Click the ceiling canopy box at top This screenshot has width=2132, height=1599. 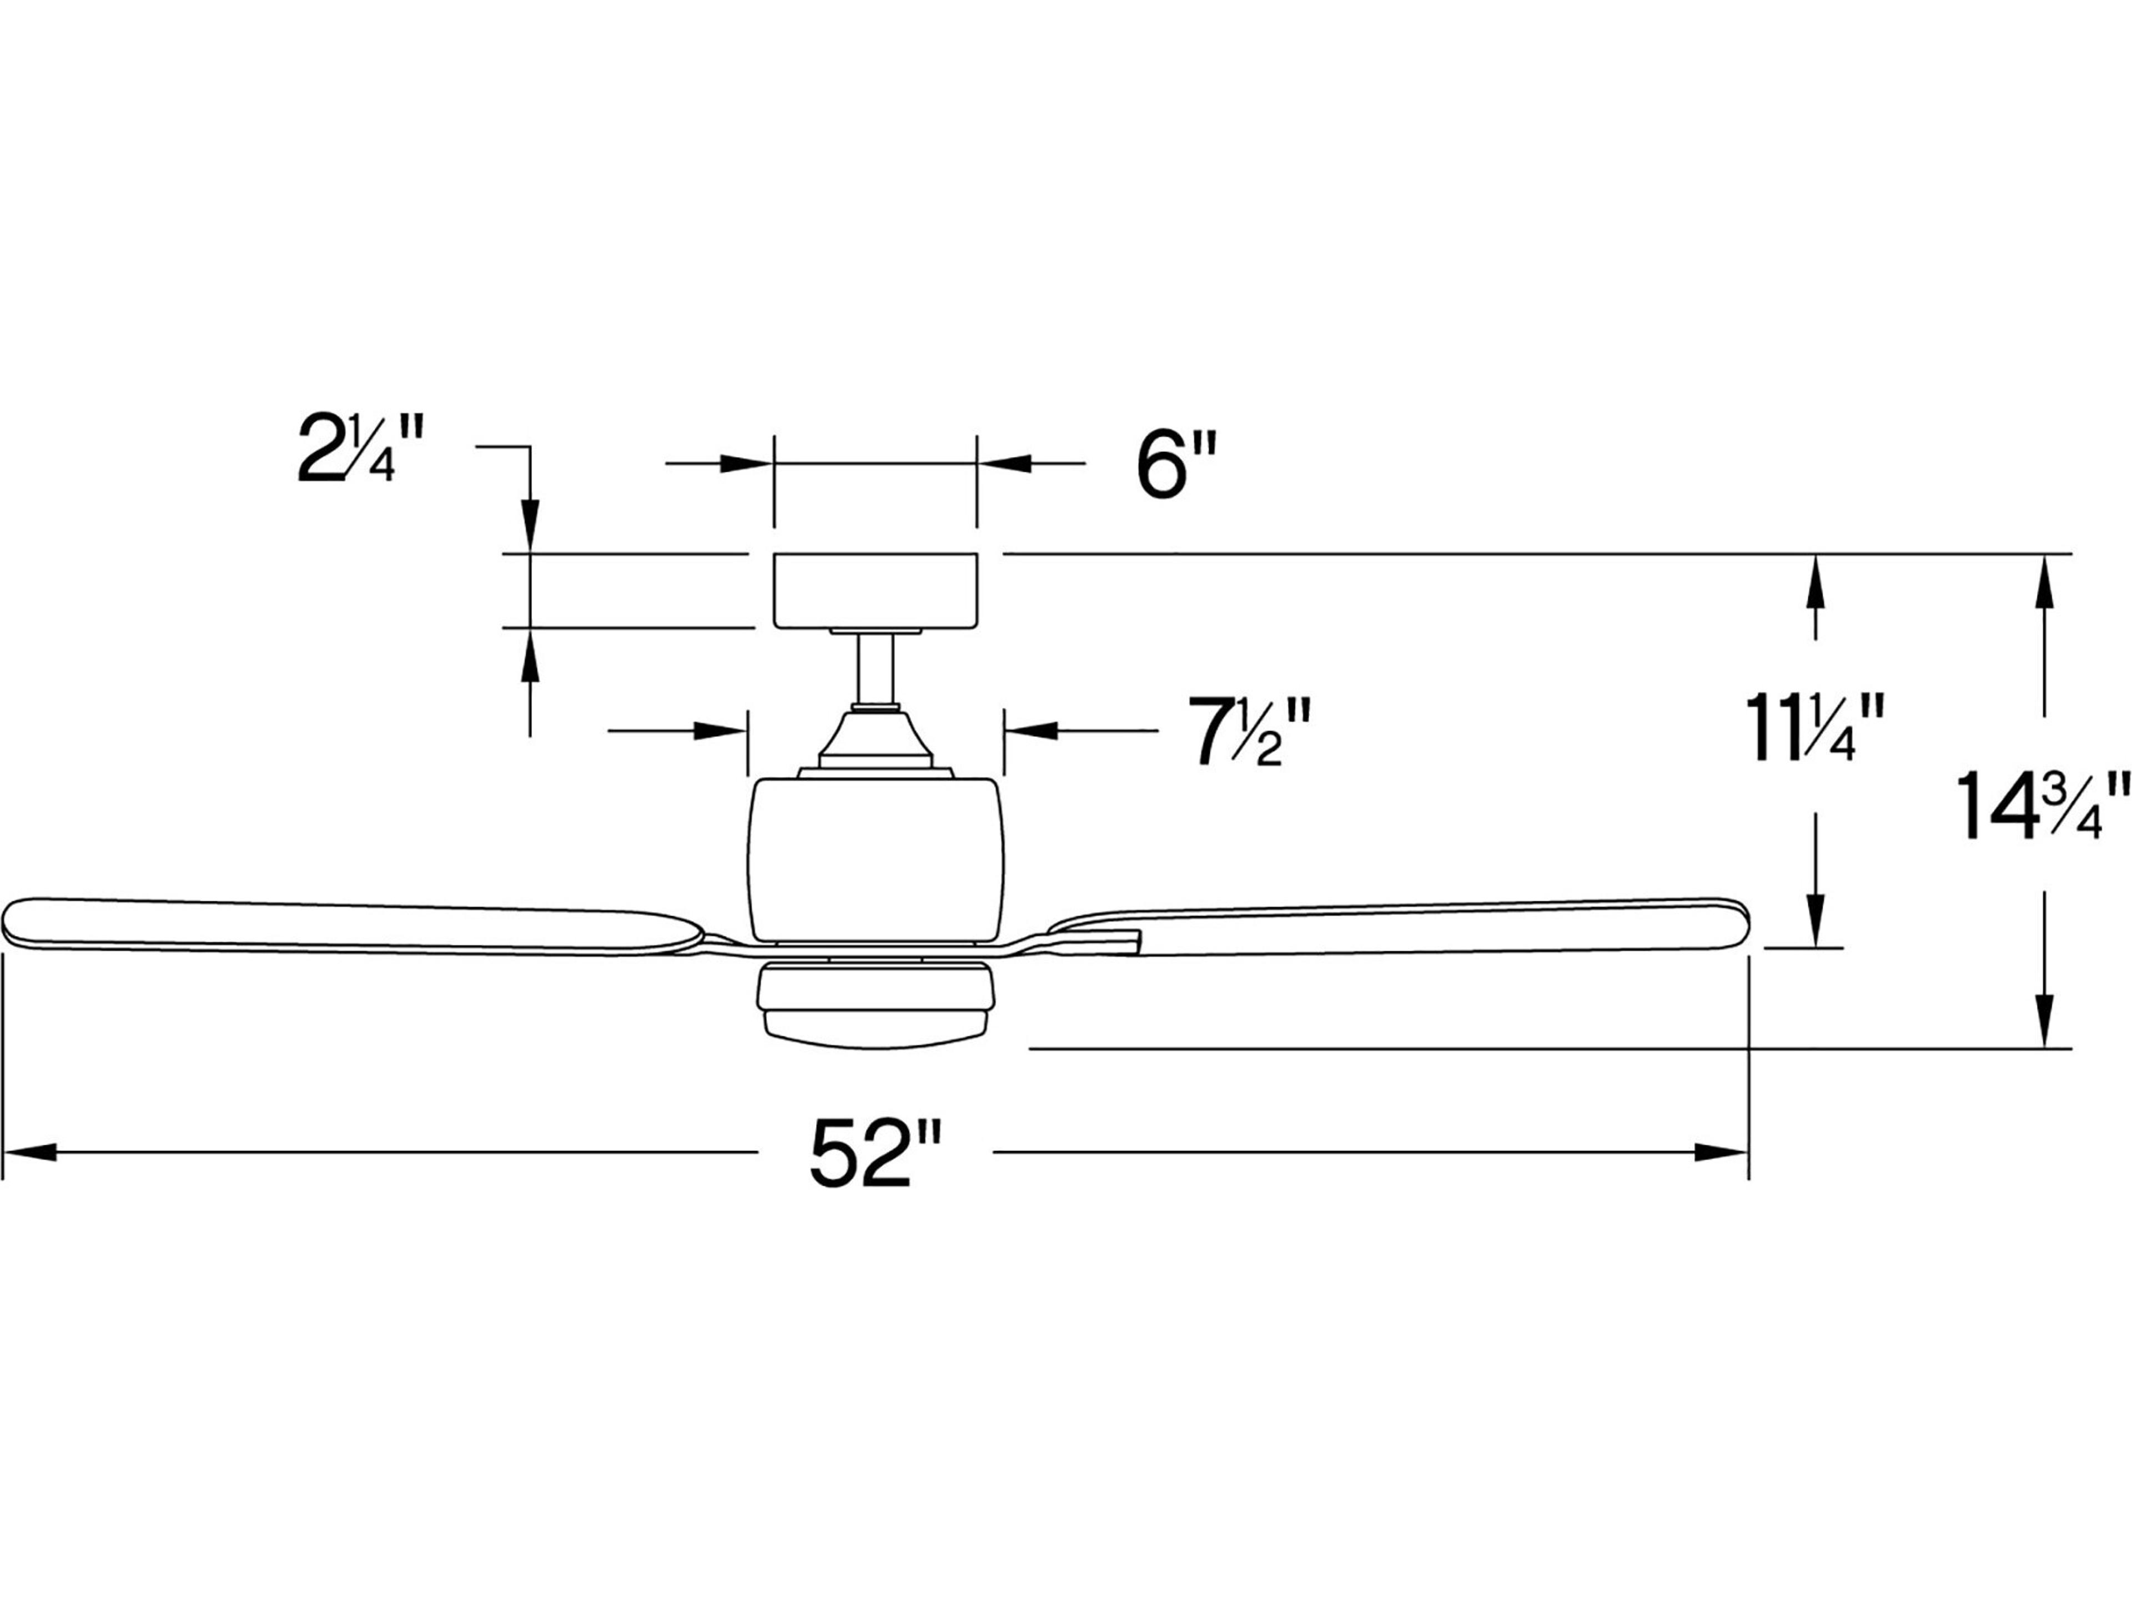pyautogui.click(x=875, y=590)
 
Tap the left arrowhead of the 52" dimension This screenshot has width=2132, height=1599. pyautogui.click(x=29, y=1152)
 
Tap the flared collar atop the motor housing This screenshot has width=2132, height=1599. pyautogui.click(x=875, y=737)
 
